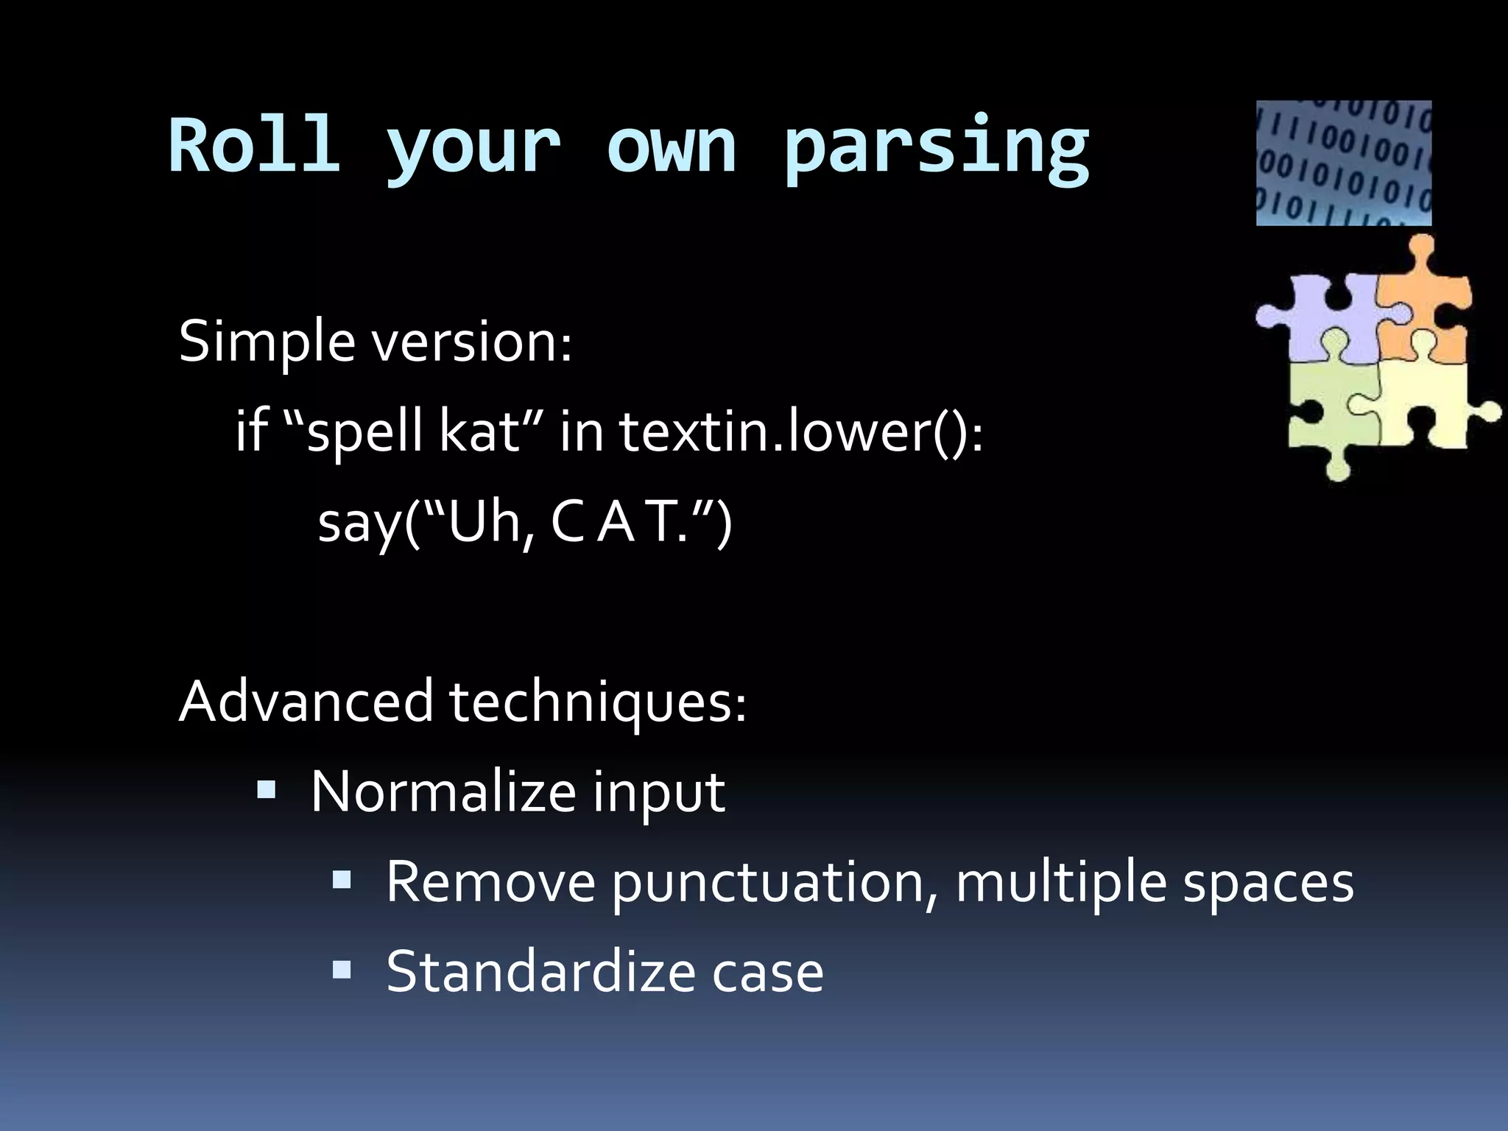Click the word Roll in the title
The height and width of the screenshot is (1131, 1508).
(254, 145)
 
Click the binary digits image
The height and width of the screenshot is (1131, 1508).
(1343, 163)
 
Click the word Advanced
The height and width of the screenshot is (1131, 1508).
(306, 701)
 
